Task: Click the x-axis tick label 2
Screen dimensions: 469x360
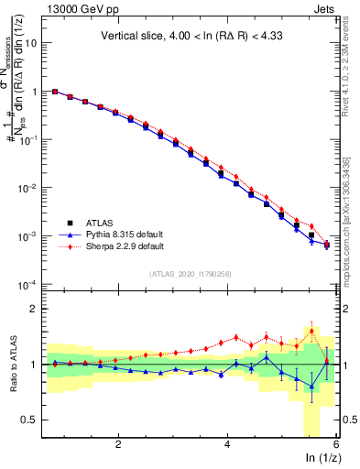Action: [118, 445]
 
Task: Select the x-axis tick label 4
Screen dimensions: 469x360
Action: [227, 445]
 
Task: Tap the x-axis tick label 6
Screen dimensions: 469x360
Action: [336, 445]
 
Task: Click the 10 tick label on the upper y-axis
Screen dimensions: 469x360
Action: [31, 43]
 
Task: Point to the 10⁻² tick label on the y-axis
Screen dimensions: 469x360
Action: [28, 188]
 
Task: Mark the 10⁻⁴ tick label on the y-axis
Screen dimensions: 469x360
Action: [28, 284]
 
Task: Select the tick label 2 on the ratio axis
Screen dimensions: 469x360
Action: [34, 309]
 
